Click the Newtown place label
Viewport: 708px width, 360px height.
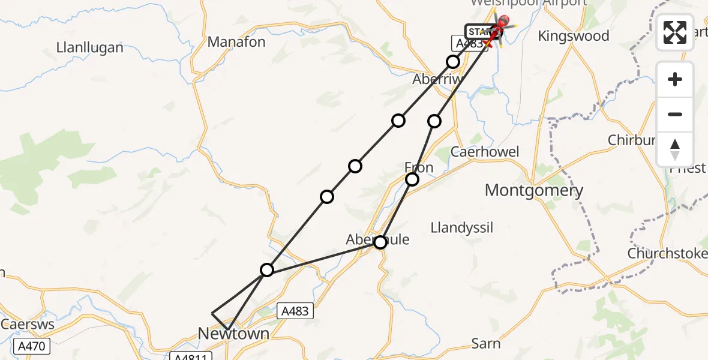click(233, 334)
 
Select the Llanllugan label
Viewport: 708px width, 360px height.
click(89, 47)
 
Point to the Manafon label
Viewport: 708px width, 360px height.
click(236, 42)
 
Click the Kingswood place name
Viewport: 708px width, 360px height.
click(573, 36)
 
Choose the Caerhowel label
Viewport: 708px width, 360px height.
click(485, 152)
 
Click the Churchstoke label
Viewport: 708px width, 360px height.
click(667, 254)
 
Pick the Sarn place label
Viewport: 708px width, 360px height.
click(486, 343)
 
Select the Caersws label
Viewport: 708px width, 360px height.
click(28, 325)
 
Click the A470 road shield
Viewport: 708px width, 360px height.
click(31, 347)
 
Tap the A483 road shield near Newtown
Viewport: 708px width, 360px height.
click(295, 311)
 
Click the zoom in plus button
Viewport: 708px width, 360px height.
click(675, 79)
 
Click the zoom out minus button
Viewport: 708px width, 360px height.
click(675, 114)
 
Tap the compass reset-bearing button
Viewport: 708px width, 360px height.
click(675, 149)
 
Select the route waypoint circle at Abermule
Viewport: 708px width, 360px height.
click(380, 242)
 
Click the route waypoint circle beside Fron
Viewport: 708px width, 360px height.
click(412, 179)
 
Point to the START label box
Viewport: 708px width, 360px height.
click(479, 31)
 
